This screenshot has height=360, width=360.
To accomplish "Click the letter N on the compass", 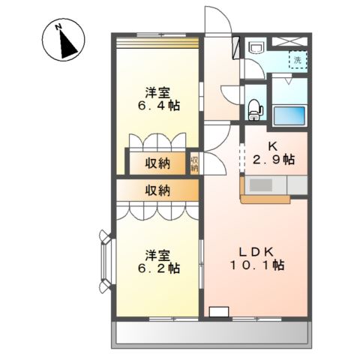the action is [58, 26].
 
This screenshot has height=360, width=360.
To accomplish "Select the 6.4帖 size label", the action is [158, 106].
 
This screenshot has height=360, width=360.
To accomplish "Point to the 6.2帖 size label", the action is [158, 268].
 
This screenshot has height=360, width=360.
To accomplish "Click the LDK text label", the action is [256, 252].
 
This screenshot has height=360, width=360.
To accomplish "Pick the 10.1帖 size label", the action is [256, 265].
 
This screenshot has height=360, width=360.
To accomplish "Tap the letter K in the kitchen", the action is [273, 146].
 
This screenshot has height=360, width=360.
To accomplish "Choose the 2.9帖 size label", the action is [274, 159].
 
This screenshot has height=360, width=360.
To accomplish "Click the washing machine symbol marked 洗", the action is [298, 60].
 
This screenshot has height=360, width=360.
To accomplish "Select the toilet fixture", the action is [255, 109].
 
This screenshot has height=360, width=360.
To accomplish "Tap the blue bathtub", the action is [289, 115].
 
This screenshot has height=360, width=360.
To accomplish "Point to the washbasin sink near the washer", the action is [256, 47].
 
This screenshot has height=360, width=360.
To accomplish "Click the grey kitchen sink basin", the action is [261, 185].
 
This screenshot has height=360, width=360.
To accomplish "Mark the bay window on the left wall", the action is [106, 261].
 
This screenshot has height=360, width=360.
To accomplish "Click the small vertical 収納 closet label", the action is [194, 163].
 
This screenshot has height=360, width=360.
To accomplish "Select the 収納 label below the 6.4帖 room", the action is [157, 163].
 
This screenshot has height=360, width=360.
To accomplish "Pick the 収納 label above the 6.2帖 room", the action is [157, 190].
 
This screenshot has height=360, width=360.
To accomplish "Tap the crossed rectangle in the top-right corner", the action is [289, 41].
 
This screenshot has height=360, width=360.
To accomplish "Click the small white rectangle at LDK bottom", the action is [219, 312].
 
